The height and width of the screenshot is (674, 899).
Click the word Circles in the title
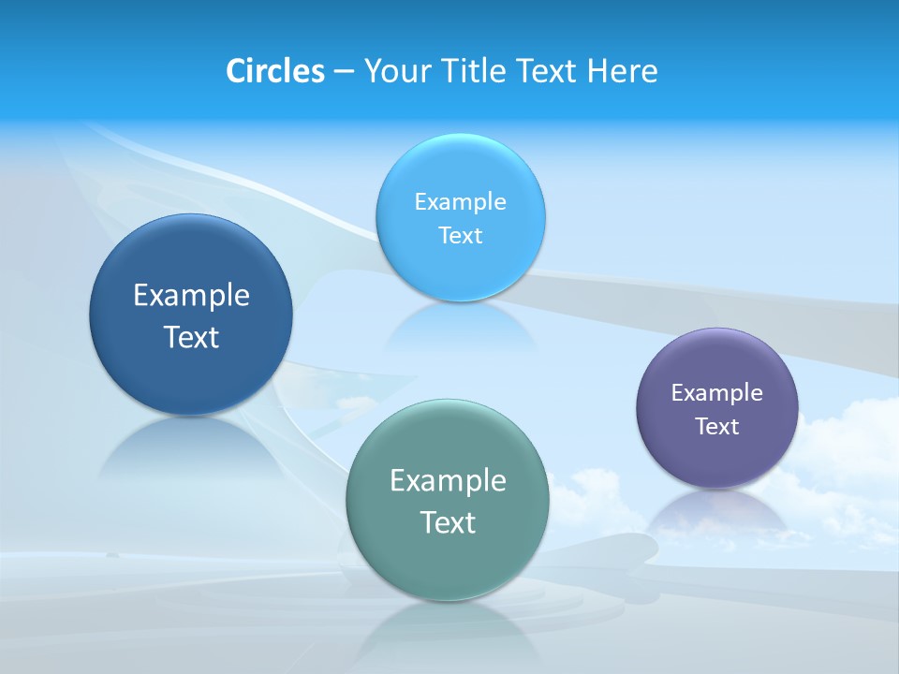274,71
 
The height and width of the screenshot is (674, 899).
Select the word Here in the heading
623,71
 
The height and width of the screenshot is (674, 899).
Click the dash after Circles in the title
344,72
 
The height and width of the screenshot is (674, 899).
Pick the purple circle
717,459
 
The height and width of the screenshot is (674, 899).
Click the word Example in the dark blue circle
191,296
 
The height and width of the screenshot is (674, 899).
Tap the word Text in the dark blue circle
191,337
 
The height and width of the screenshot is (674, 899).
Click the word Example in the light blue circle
460,202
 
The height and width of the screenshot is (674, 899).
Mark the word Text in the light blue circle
460,236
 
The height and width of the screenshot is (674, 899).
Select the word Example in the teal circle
448,481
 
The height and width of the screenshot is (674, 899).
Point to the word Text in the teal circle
448,522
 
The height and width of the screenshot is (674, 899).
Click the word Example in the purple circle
717,393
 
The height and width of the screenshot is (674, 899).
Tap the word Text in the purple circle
717,427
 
